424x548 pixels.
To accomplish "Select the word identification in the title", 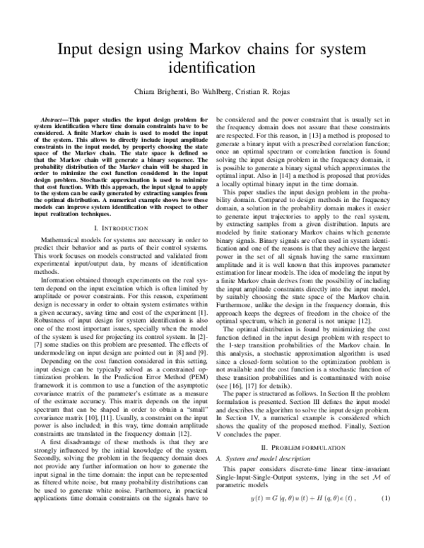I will (x=211, y=70).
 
